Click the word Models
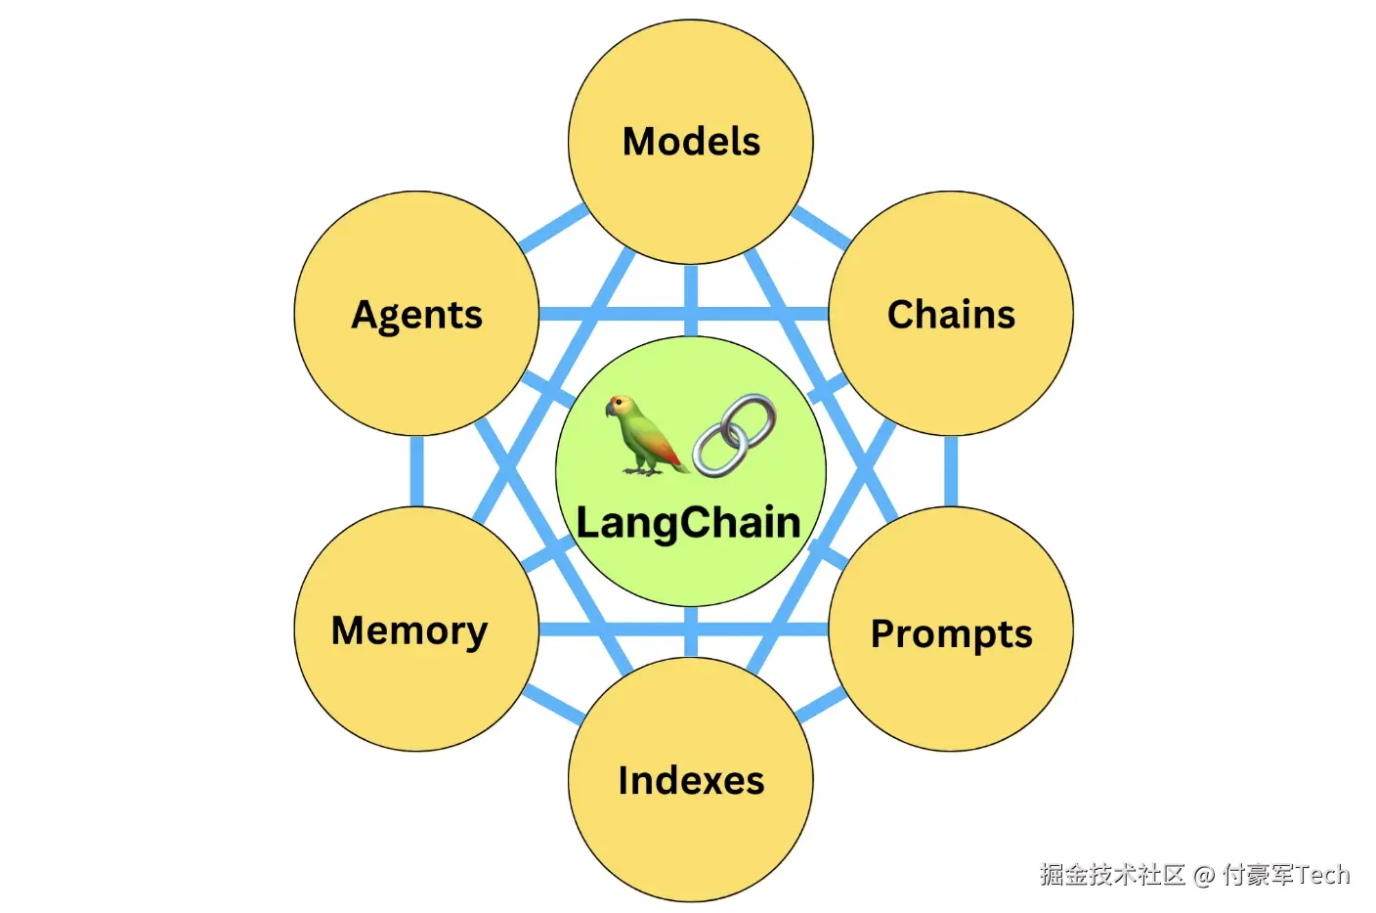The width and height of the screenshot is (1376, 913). coord(691,142)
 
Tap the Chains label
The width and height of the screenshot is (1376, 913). coord(951,315)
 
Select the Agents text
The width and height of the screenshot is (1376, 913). coord(416,317)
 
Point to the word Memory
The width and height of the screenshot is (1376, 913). coord(409,631)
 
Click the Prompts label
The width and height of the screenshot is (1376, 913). coord(952,634)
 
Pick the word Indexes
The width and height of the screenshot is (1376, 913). coord(691,781)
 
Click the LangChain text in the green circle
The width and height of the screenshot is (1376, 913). coord(689,524)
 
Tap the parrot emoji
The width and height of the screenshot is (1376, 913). coord(646,435)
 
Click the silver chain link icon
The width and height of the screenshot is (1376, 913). coord(735,435)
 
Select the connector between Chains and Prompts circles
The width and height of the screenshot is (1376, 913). coord(951,471)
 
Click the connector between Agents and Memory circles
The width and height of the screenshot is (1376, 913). coord(416,471)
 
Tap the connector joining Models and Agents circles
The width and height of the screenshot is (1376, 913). coord(554,228)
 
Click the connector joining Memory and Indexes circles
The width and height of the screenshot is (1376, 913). coord(554,705)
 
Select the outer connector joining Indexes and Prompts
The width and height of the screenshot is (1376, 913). coord(821,704)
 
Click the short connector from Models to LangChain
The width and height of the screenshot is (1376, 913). coord(691,300)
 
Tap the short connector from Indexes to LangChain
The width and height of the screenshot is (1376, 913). coord(691,631)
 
